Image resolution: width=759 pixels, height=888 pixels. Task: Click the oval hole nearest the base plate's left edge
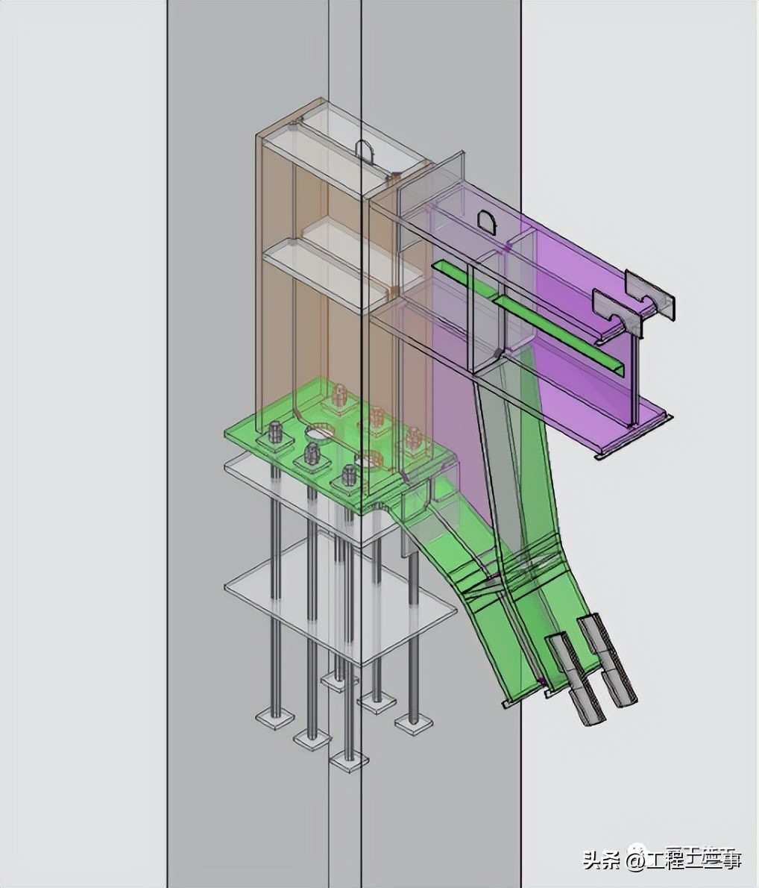pyautogui.click(x=320, y=431)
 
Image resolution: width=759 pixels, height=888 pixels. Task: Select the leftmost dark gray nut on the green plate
pyautogui.click(x=275, y=432)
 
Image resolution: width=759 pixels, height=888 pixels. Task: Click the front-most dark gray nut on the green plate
pyautogui.click(x=348, y=475)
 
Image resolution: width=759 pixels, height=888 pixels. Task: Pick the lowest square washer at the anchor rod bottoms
pyautogui.click(x=349, y=762)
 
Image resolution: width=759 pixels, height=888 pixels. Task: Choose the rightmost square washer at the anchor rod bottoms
pyautogui.click(x=413, y=722)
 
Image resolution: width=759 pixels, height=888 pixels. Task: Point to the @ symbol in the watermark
pyautogui.click(x=636, y=862)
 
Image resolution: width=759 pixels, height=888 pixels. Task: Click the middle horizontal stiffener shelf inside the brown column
pyautogui.click(x=328, y=269)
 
